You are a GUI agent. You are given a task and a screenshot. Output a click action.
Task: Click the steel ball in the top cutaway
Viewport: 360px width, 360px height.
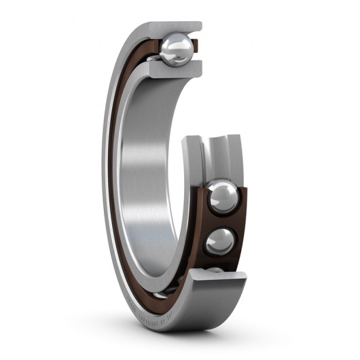[x=176, y=50]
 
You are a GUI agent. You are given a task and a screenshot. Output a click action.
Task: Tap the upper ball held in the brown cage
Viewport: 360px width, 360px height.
[x=223, y=198]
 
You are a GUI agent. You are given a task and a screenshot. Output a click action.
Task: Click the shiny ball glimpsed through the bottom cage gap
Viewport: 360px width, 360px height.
[x=156, y=296]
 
